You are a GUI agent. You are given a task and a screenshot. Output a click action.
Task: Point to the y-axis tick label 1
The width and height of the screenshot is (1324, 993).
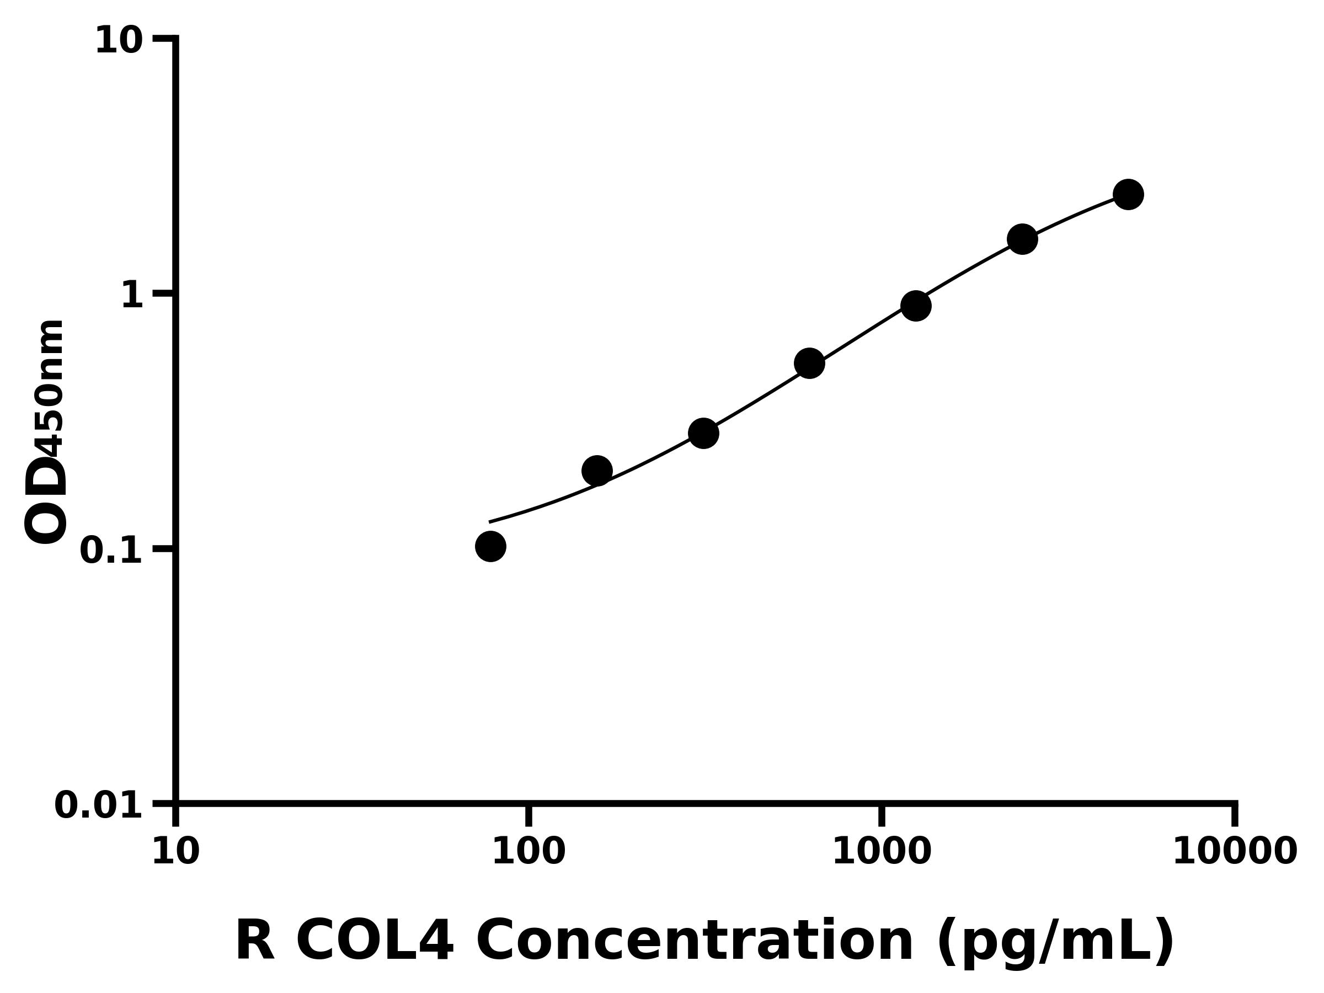pyautogui.click(x=132, y=296)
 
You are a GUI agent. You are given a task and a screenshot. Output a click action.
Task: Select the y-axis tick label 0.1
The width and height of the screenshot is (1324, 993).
pyautogui.click(x=111, y=551)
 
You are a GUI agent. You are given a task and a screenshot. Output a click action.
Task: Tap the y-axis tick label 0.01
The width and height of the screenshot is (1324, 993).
pyautogui.click(x=99, y=805)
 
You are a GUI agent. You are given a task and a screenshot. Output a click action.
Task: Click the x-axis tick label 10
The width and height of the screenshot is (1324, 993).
pyautogui.click(x=175, y=852)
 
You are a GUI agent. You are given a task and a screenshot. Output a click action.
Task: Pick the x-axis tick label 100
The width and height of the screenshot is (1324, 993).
pyautogui.click(x=528, y=852)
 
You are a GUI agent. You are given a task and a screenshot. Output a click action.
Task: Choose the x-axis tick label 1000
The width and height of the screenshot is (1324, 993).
pyautogui.click(x=882, y=852)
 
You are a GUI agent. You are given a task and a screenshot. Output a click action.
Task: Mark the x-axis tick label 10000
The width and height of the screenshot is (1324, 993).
pyautogui.click(x=1235, y=852)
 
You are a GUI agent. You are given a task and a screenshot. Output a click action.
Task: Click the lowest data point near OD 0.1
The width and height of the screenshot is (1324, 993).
pyautogui.click(x=491, y=547)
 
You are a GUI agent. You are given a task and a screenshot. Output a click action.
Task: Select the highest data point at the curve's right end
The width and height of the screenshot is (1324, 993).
pyautogui.click(x=1128, y=195)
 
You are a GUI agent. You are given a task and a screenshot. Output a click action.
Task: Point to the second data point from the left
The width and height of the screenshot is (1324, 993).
pyautogui.click(x=597, y=471)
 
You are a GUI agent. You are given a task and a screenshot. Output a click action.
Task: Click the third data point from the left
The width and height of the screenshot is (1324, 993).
pyautogui.click(x=703, y=434)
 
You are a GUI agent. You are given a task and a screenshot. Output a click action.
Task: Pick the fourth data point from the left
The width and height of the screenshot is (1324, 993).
pyautogui.click(x=809, y=364)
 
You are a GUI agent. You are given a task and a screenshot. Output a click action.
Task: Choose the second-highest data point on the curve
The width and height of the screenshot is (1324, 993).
pyautogui.click(x=1022, y=239)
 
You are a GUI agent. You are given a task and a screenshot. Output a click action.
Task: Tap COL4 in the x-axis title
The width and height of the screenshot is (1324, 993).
pyautogui.click(x=375, y=942)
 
